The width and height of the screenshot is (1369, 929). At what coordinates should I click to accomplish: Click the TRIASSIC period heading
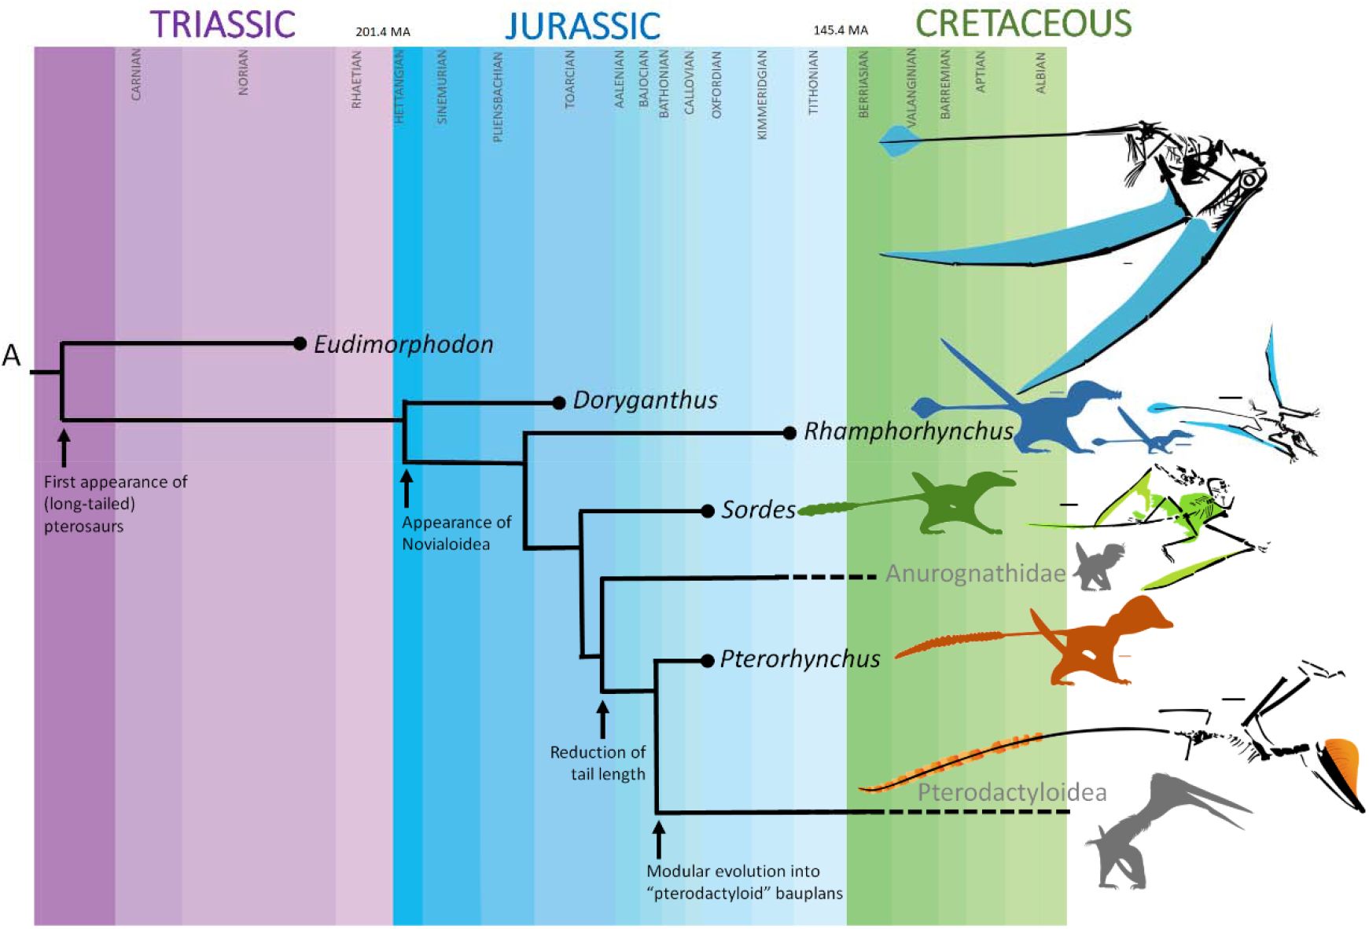click(223, 24)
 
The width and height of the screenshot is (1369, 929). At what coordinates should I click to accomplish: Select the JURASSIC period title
click(583, 25)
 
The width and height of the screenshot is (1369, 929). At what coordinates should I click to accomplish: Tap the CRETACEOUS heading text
click(1024, 24)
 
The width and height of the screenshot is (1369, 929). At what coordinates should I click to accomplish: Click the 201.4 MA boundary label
click(383, 32)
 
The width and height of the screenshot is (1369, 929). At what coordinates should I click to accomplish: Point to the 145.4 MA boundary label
click(841, 30)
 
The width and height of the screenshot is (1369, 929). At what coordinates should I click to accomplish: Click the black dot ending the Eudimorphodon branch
click(299, 343)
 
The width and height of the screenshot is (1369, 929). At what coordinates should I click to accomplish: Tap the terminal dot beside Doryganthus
click(559, 403)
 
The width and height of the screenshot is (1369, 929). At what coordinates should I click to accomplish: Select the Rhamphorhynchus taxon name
click(908, 431)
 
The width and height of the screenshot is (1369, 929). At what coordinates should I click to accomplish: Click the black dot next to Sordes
click(708, 511)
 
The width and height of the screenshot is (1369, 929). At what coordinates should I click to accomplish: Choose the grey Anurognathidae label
click(976, 574)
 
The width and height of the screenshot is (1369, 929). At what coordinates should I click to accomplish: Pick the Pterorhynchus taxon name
click(800, 659)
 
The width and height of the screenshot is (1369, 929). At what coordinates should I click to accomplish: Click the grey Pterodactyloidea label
click(1012, 792)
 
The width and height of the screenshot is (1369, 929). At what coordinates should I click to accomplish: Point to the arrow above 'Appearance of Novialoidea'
click(407, 488)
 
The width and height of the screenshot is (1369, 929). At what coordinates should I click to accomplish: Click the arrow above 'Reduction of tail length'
click(602, 719)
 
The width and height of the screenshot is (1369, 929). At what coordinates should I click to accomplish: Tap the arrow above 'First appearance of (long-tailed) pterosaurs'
click(64, 446)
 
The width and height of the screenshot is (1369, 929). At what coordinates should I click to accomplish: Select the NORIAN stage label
click(243, 73)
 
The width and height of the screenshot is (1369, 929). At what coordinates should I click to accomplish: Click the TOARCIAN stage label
click(570, 79)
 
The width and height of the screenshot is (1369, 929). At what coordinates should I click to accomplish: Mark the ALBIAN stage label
click(1041, 73)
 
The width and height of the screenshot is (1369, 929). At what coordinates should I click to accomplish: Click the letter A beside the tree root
click(11, 356)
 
